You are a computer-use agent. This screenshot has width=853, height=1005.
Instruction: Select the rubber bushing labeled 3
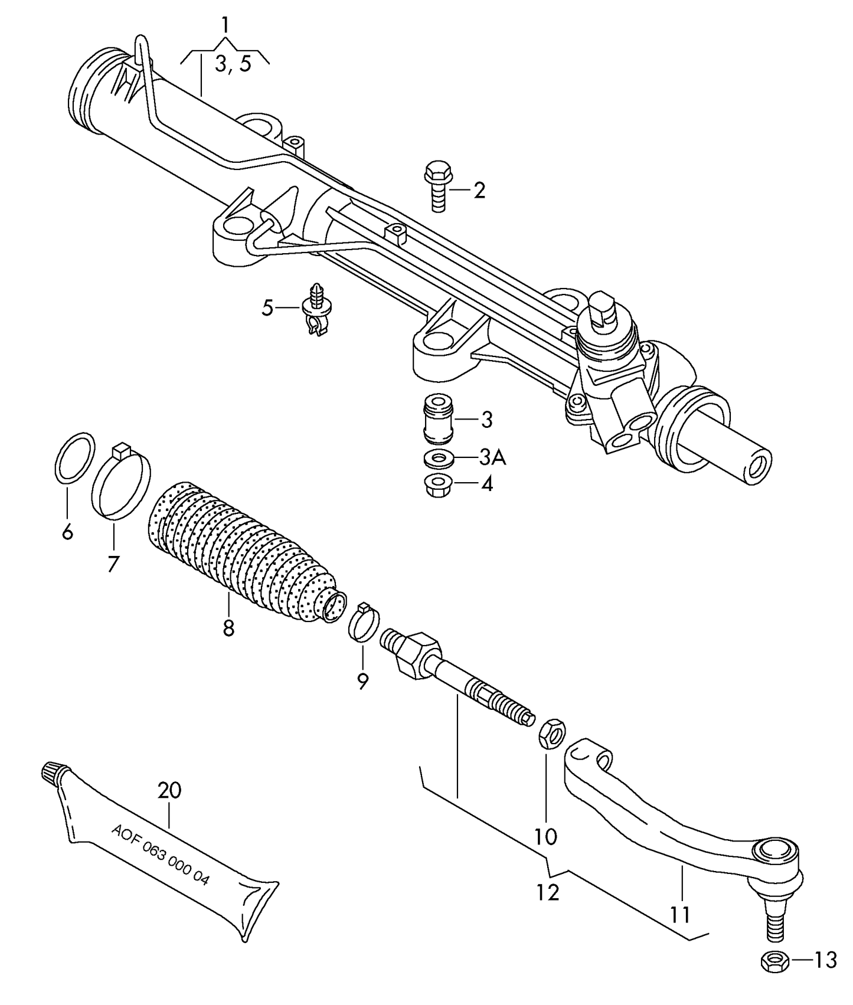[x=439, y=418]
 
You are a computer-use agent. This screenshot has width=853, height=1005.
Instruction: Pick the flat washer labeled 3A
[x=439, y=458]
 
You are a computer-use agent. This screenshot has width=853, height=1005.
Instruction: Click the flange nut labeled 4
[x=439, y=485]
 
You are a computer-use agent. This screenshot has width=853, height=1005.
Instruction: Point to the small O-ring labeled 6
[x=75, y=458]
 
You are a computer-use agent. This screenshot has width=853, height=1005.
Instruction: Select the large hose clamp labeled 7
[x=121, y=482]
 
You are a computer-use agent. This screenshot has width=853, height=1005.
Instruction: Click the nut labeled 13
[x=774, y=963]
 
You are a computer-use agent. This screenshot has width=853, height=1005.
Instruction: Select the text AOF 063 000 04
[x=160, y=853]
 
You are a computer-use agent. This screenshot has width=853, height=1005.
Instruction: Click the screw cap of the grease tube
[x=53, y=773]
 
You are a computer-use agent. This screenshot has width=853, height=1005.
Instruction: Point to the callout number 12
[x=547, y=893]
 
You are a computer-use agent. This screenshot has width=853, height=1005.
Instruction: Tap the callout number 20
[x=169, y=790]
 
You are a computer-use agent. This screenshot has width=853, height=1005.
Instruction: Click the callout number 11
[x=679, y=915]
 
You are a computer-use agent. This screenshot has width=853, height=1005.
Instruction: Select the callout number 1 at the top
[x=225, y=25]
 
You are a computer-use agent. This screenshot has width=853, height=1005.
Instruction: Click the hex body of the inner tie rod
[x=417, y=654]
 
